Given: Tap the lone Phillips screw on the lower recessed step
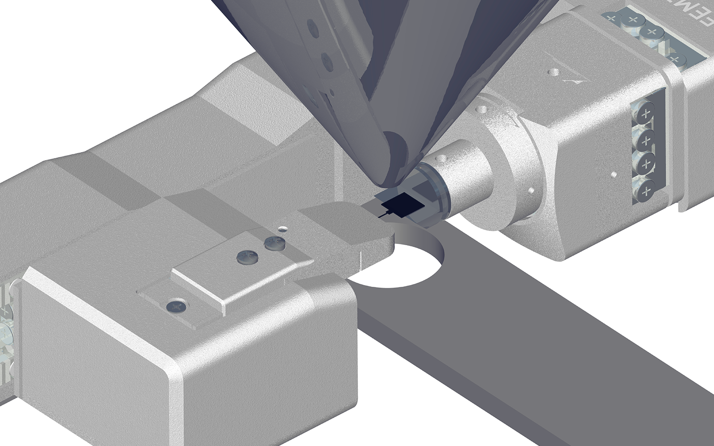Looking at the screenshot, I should click(x=176, y=306).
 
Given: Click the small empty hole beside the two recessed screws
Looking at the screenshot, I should click(x=282, y=229).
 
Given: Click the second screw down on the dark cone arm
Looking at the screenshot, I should click(x=327, y=62).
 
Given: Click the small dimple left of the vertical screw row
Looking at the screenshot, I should click(x=614, y=175).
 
